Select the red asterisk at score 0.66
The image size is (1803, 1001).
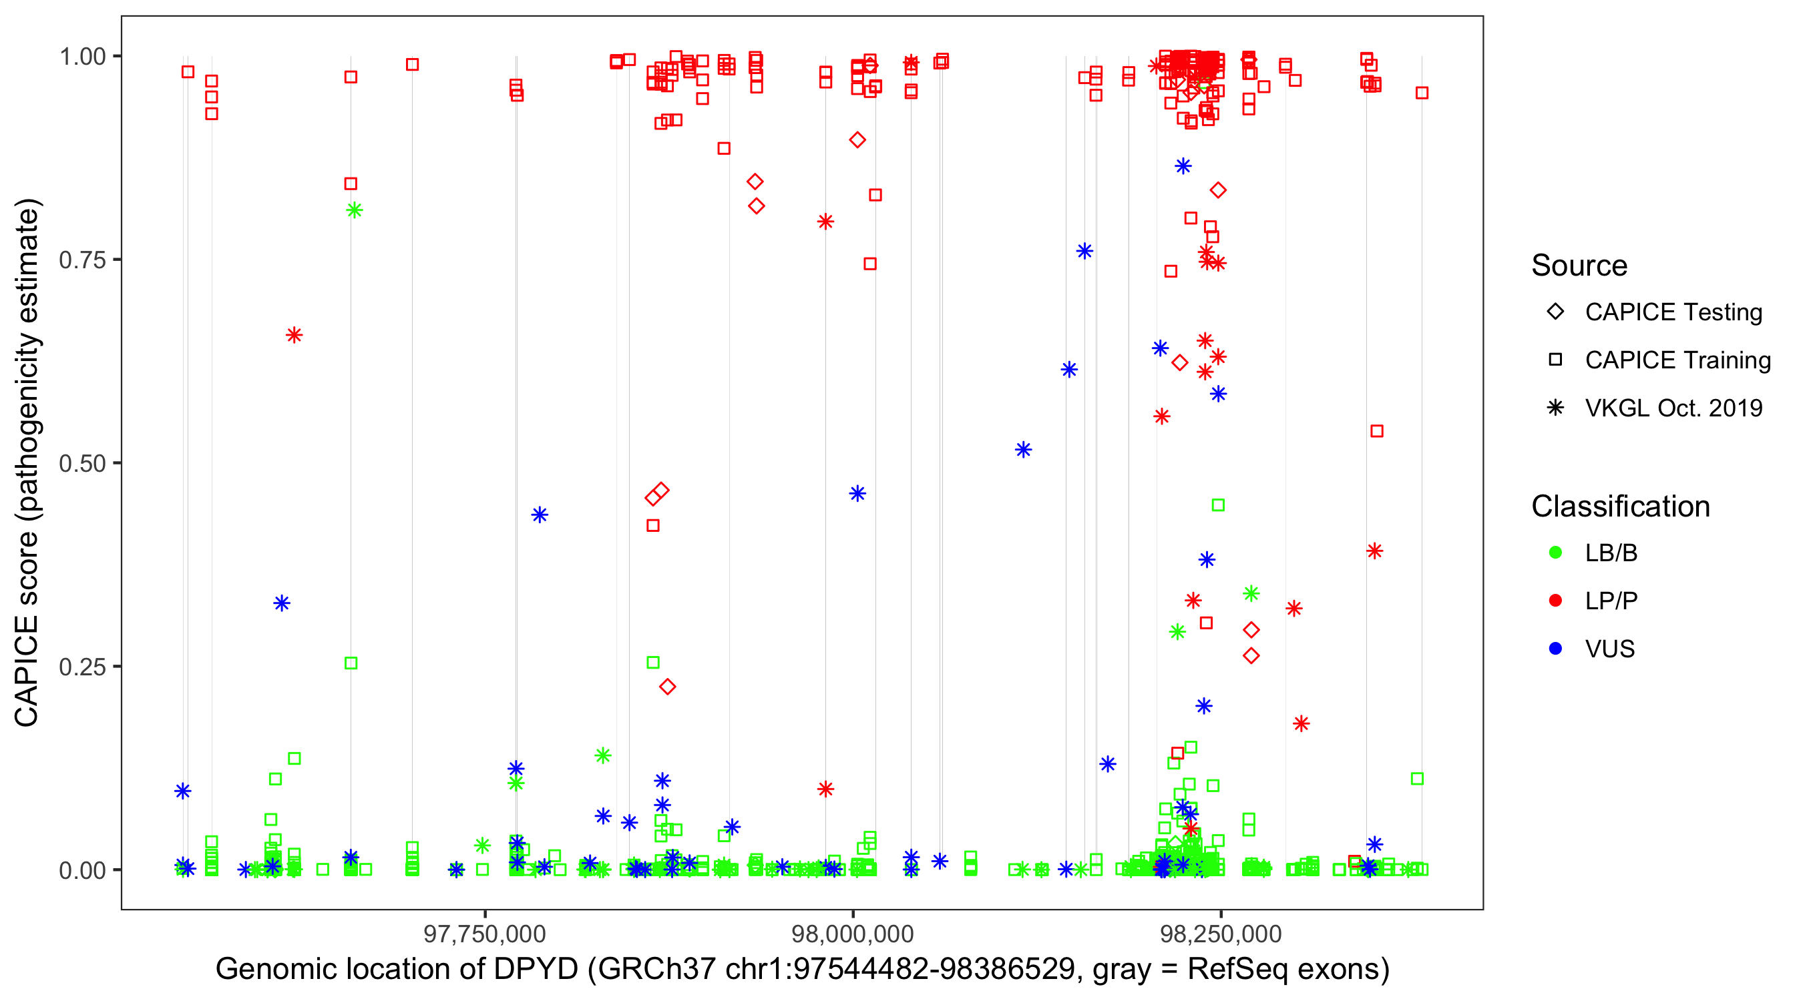(x=294, y=335)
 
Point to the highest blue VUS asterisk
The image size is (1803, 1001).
(x=1183, y=165)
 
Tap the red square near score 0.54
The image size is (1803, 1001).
(x=1377, y=431)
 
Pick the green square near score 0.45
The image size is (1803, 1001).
(x=1218, y=505)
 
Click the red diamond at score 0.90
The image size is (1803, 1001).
(x=857, y=140)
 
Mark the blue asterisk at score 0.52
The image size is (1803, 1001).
(x=1023, y=450)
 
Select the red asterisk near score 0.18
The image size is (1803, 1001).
(x=1301, y=723)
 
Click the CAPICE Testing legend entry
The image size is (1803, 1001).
(x=1673, y=312)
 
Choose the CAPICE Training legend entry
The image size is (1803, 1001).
(x=1677, y=360)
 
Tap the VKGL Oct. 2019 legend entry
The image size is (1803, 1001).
(x=1673, y=408)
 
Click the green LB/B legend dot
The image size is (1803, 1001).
(x=1556, y=553)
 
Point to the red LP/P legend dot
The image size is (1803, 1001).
(x=1556, y=601)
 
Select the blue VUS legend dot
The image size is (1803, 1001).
(x=1556, y=649)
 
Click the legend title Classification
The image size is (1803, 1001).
(x=1620, y=507)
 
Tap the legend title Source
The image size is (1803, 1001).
(x=1579, y=266)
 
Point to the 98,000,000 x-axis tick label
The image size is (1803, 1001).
(x=853, y=934)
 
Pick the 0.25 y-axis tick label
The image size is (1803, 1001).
(x=82, y=667)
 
